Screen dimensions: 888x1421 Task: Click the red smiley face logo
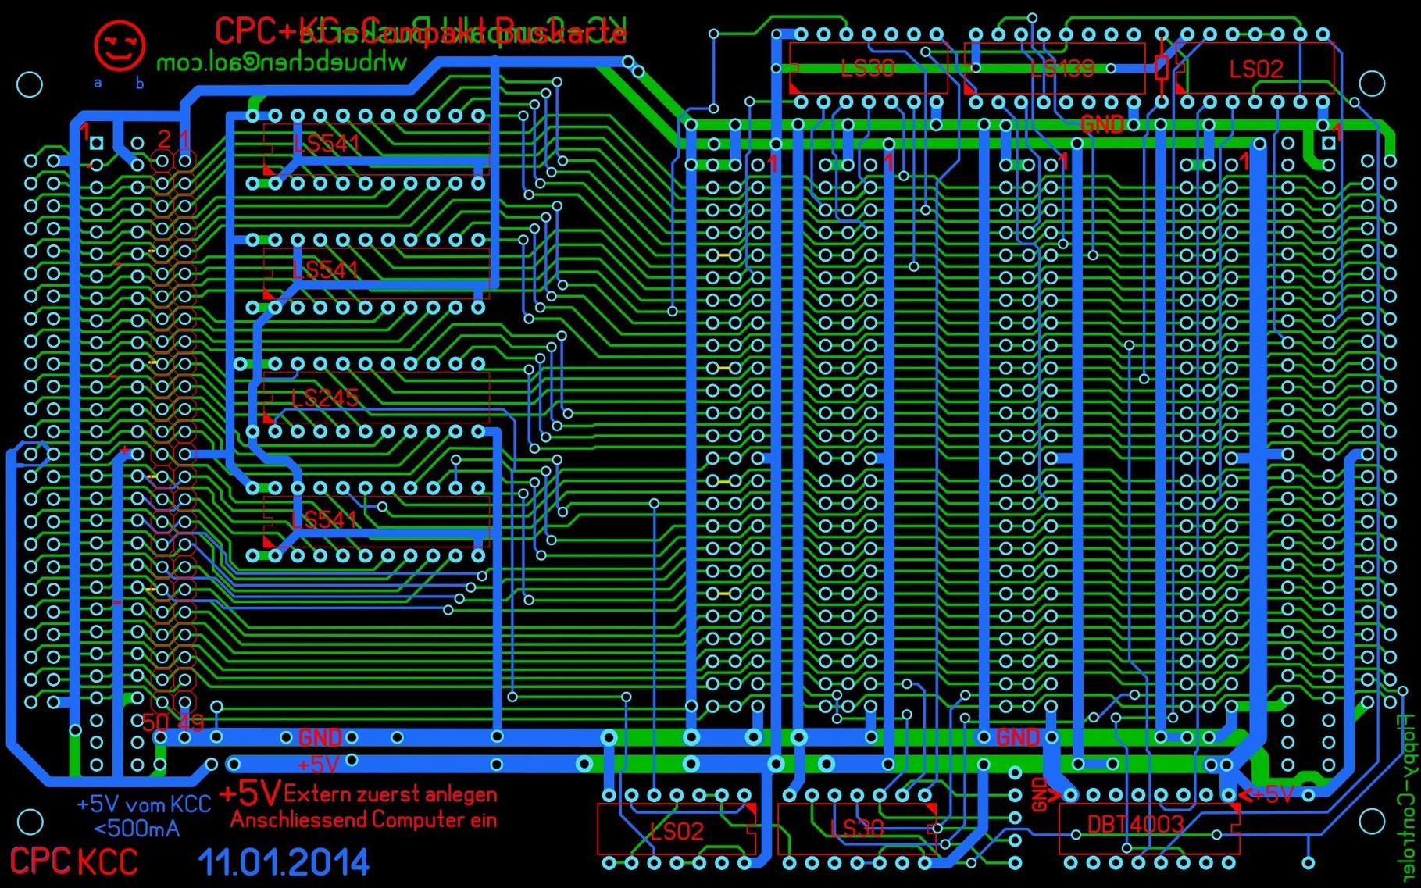[x=119, y=45]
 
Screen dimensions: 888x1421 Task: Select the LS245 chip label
[x=324, y=398]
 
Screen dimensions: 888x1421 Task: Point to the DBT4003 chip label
[x=1135, y=825]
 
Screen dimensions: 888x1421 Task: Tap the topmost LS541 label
[x=327, y=144]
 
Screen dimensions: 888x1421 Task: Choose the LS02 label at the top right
[x=1255, y=70]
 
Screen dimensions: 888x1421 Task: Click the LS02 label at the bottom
[x=677, y=831]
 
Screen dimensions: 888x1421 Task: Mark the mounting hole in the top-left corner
[x=30, y=84]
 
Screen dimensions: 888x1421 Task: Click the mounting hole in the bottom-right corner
[x=1372, y=822]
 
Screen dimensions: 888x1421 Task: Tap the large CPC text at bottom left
[x=41, y=861]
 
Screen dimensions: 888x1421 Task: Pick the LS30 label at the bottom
[x=857, y=828]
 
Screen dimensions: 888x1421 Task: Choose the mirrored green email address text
[x=281, y=62]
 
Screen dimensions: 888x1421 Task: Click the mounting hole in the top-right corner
[x=1372, y=84]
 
